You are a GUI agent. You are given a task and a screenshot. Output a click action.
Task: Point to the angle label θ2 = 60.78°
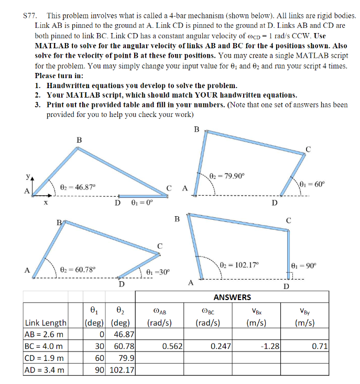click(x=79, y=269)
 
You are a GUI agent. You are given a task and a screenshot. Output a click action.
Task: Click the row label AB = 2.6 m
click(x=44, y=334)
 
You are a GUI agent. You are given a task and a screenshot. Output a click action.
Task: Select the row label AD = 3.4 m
click(x=44, y=371)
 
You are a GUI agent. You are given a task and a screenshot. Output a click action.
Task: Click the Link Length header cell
click(x=46, y=322)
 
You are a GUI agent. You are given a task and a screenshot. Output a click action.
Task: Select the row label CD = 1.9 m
click(x=44, y=359)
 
